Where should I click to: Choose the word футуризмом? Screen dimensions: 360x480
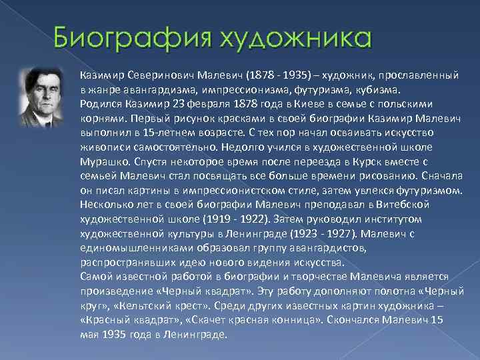click(x=430, y=191)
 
